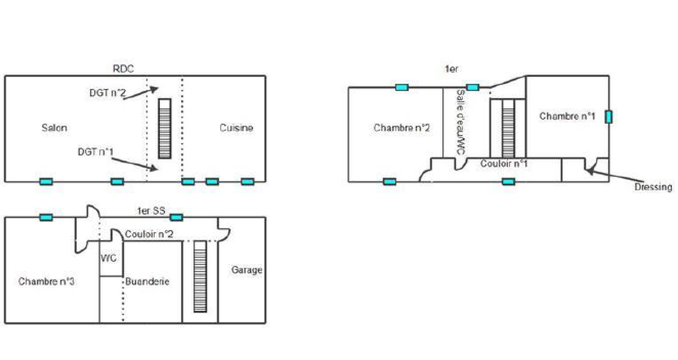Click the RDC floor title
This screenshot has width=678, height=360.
tap(123, 69)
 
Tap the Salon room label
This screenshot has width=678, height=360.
tap(54, 127)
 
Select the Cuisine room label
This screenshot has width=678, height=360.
tap(236, 127)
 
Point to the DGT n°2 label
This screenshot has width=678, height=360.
tap(107, 93)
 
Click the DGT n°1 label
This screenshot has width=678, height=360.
tap(95, 152)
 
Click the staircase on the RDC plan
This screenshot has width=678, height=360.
tap(165, 128)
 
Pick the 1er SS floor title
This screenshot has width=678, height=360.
tap(151, 210)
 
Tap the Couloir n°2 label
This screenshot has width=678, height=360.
tap(149, 234)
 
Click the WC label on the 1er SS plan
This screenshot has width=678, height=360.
tap(108, 258)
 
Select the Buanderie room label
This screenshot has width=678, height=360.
tap(147, 281)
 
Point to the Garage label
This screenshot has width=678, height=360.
tap(247, 270)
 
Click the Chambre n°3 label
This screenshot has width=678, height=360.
tap(46, 281)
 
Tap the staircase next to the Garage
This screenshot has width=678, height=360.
tap(200, 276)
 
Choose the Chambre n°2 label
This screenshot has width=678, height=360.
tap(401, 127)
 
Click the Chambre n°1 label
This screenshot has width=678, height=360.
tap(567, 116)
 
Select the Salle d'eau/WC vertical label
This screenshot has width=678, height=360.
tap(460, 122)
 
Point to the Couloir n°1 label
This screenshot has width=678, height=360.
tap(503, 163)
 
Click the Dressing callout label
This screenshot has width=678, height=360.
tap(653, 187)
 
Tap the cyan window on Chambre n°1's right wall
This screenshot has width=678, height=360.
tap(609, 116)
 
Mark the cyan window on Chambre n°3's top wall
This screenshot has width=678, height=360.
tap(46, 217)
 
